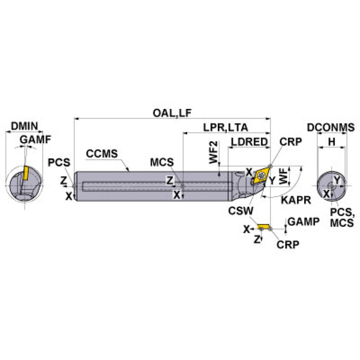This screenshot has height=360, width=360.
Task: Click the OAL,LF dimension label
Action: coord(173,113)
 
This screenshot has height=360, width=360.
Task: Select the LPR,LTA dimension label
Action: coord(226,127)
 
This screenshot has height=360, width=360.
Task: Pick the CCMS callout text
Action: coord(102,153)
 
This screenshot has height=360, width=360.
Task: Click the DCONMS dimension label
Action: coord(331,127)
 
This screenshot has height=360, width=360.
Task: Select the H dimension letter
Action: coord(332,141)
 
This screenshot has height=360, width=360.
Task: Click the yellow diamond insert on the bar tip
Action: coord(260,176)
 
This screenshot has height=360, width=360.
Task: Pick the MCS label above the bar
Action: coord(162,162)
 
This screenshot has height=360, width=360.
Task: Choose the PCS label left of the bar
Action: coord(59,162)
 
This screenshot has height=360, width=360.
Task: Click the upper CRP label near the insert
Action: coord(291,142)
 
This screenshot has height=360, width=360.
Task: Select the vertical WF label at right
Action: coord(283,176)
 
